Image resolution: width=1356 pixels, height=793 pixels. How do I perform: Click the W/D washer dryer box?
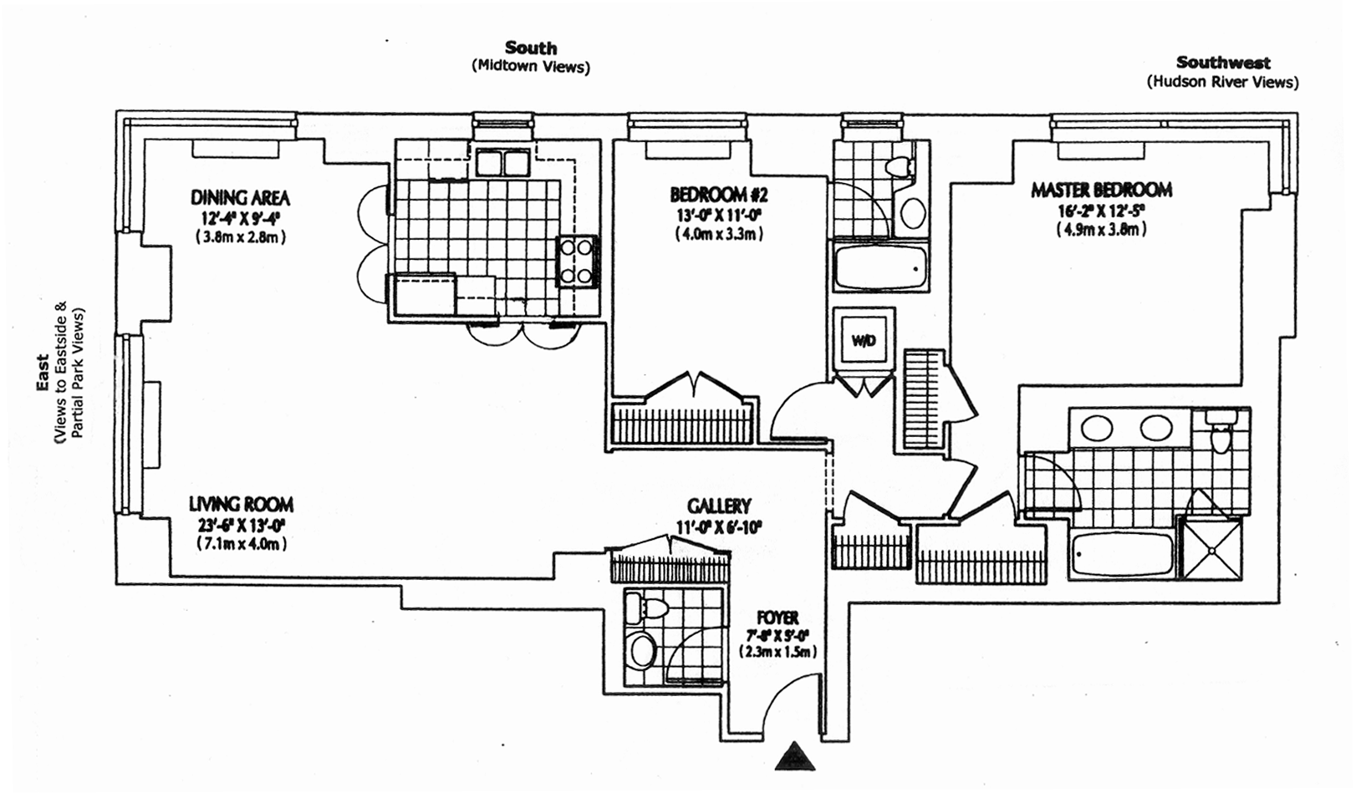(x=864, y=339)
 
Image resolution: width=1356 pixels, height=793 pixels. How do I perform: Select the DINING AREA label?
(x=240, y=198)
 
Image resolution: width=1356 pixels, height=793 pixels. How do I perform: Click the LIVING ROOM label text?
(x=241, y=504)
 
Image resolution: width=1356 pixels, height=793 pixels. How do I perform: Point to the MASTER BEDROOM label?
(x=1101, y=190)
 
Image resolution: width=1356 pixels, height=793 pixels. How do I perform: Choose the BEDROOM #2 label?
(x=719, y=195)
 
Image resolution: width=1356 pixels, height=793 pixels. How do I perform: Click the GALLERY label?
(x=719, y=506)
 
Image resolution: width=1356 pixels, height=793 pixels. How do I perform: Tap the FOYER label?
(x=777, y=618)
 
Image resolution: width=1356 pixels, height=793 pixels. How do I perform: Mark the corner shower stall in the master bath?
(x=1210, y=547)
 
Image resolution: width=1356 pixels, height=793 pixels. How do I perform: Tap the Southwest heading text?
(x=1222, y=62)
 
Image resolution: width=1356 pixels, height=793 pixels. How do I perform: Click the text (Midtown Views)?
(x=530, y=67)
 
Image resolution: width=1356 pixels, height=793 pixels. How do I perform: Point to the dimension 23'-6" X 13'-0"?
(x=240, y=526)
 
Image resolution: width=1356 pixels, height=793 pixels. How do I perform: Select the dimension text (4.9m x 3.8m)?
(x=1100, y=230)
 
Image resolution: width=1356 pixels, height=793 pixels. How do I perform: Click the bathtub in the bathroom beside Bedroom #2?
(x=880, y=267)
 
